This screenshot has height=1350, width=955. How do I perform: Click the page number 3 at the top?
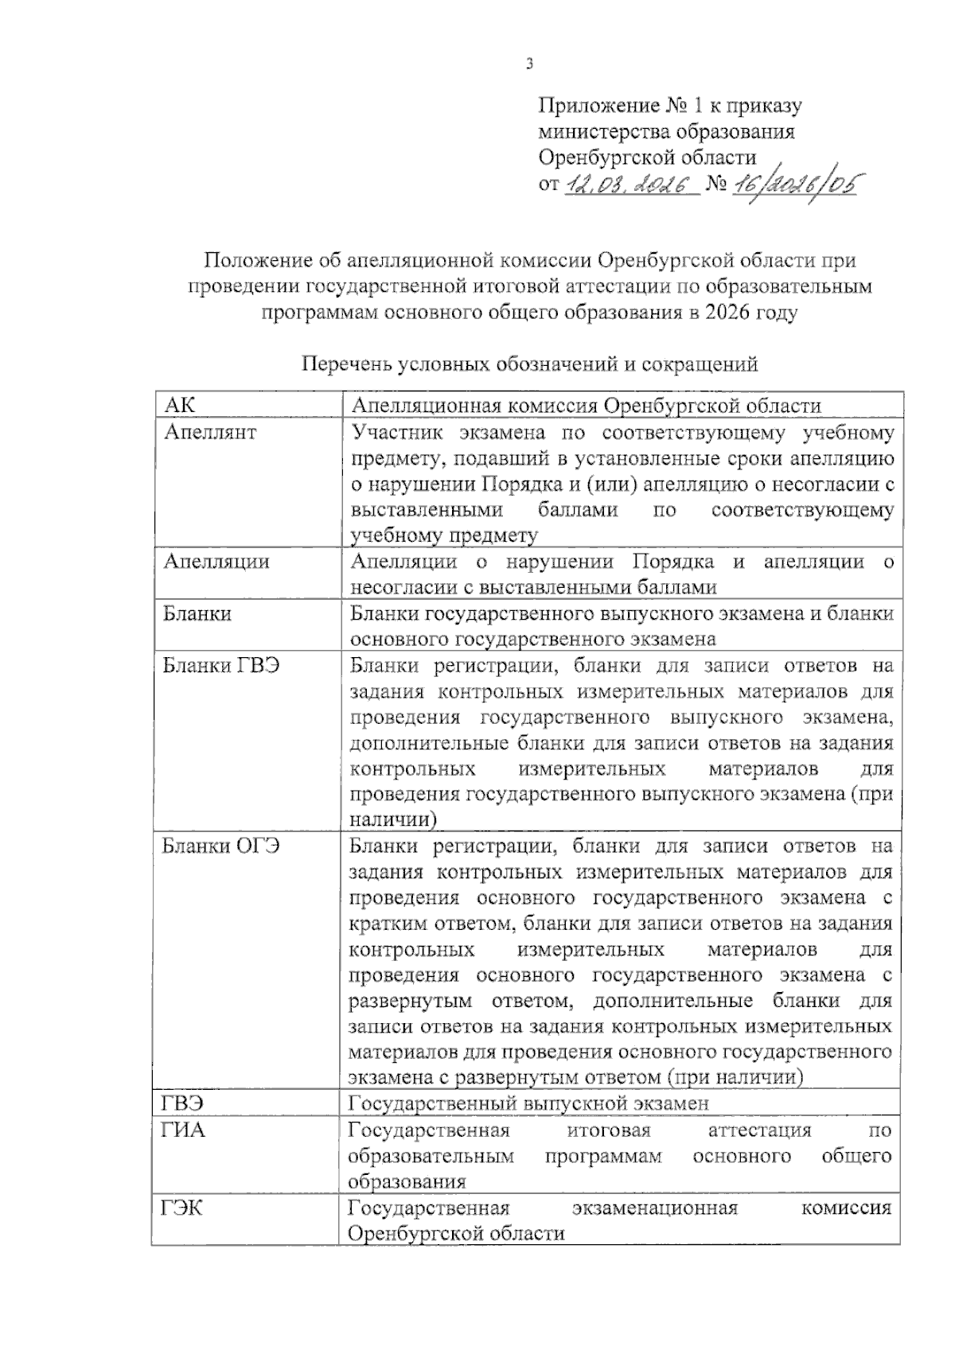pos(529,64)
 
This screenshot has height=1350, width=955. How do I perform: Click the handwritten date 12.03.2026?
pos(629,186)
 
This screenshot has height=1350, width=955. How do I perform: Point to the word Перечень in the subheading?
pos(347,364)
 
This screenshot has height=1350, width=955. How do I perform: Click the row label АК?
pos(180,406)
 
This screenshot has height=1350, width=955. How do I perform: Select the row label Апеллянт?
pos(210,433)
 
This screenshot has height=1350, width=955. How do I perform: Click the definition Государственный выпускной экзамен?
pos(529,1103)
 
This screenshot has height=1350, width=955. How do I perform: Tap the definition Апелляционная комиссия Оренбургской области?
pos(586,406)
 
